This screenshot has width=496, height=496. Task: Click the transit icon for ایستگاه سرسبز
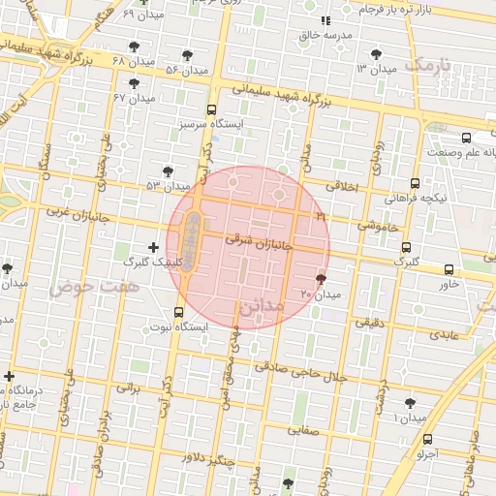click(211, 109)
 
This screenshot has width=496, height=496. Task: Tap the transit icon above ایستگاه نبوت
click(178, 312)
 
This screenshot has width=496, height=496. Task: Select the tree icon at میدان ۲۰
click(321, 279)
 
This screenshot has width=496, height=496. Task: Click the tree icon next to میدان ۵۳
click(168, 171)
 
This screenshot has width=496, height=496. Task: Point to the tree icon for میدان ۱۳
click(376, 55)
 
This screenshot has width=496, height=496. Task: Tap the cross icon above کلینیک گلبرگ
click(153, 247)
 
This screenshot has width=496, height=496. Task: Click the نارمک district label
click(431, 65)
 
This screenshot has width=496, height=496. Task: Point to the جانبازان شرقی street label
click(254, 240)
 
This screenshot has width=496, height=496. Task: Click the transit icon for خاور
click(449, 269)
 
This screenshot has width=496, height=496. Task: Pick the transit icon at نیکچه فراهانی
click(416, 183)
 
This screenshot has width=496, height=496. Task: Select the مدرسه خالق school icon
click(325, 20)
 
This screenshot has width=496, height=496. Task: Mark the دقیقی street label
click(369, 322)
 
